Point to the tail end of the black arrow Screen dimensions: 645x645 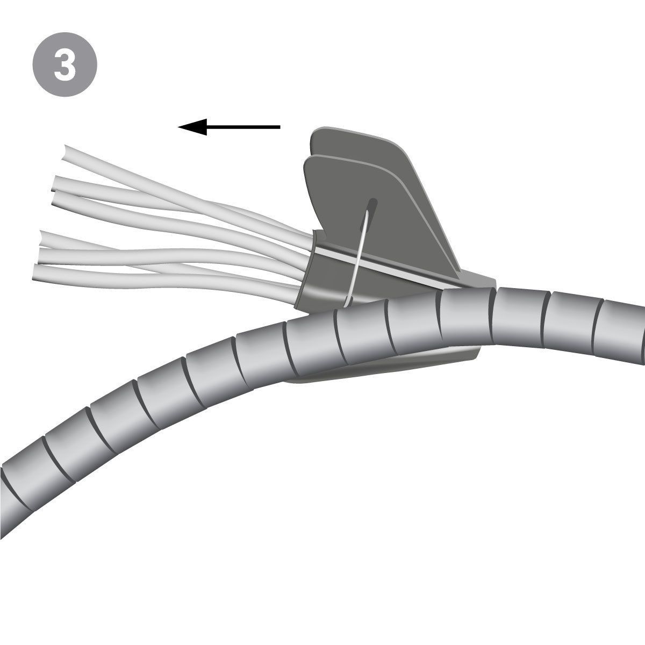(x=279, y=127)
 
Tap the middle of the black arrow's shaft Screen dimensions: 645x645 (x=242, y=127)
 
